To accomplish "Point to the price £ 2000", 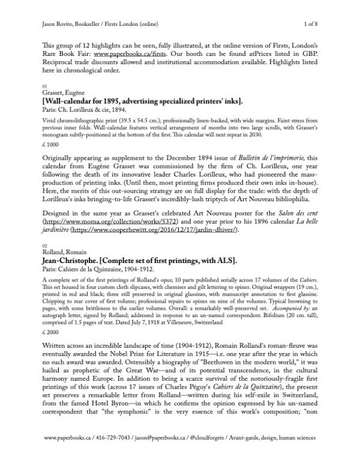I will point(53,348).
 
